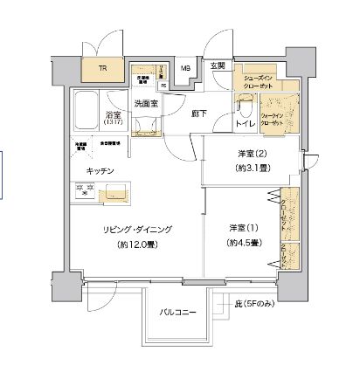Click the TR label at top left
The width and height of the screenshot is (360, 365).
tap(103, 68)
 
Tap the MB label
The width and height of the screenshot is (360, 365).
tap(185, 68)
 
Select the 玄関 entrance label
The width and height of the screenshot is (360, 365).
tap(218, 67)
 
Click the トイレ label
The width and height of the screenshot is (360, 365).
tap(246, 126)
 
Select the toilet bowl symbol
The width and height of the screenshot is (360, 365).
tap(245, 108)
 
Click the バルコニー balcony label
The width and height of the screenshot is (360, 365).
tap(177, 312)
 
